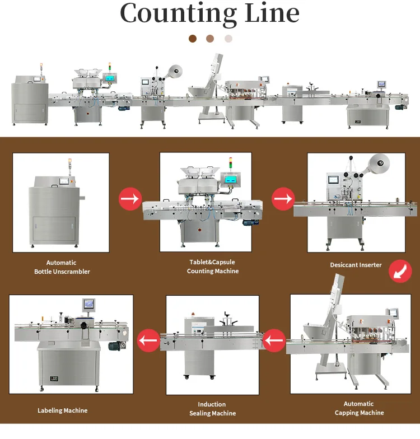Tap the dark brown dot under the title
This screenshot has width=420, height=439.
(x=193, y=39)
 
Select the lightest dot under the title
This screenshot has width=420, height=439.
(x=228, y=39)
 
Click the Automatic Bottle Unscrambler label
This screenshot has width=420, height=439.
(x=62, y=267)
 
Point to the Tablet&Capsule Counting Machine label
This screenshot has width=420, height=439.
(x=213, y=267)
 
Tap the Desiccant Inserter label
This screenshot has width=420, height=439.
(x=356, y=265)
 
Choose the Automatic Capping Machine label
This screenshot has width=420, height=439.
(x=359, y=408)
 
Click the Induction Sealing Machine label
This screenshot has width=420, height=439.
(x=212, y=409)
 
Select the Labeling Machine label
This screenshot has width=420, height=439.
(x=63, y=410)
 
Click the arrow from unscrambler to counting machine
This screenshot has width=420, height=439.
(x=129, y=199)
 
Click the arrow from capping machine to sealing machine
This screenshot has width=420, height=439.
(x=274, y=340)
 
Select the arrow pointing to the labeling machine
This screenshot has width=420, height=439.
(x=148, y=339)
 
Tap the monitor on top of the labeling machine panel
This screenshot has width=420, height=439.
(x=89, y=303)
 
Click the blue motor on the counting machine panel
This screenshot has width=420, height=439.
(x=248, y=222)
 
